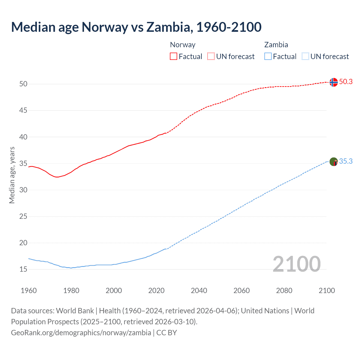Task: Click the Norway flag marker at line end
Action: click(x=333, y=82)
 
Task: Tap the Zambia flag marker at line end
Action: click(x=333, y=162)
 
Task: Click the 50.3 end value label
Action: click(x=346, y=82)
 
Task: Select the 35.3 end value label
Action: click(x=346, y=161)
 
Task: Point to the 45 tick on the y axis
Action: click(x=23, y=111)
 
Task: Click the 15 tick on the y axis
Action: click(x=23, y=269)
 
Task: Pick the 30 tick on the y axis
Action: click(x=23, y=190)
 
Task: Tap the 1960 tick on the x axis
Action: click(x=29, y=291)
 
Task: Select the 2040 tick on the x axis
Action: click(x=199, y=291)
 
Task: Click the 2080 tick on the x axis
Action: click(x=284, y=291)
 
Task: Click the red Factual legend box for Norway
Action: click(x=174, y=57)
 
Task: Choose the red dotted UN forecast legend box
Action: click(x=211, y=57)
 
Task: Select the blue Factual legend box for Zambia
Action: click(x=268, y=57)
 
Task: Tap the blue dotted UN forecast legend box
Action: click(x=305, y=57)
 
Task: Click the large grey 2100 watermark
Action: click(x=296, y=264)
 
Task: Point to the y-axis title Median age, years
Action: click(x=12, y=175)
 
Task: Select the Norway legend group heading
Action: click(x=183, y=45)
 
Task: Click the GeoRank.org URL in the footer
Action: click(x=81, y=333)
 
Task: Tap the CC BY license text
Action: click(x=166, y=333)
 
